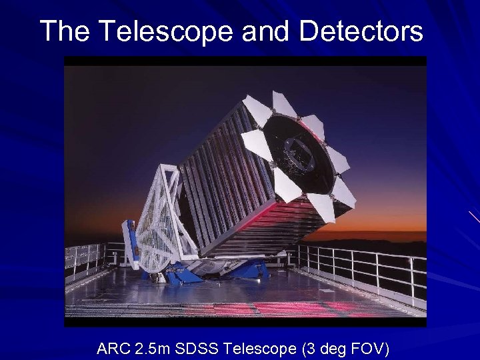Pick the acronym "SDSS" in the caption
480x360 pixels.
pos(199,348)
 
